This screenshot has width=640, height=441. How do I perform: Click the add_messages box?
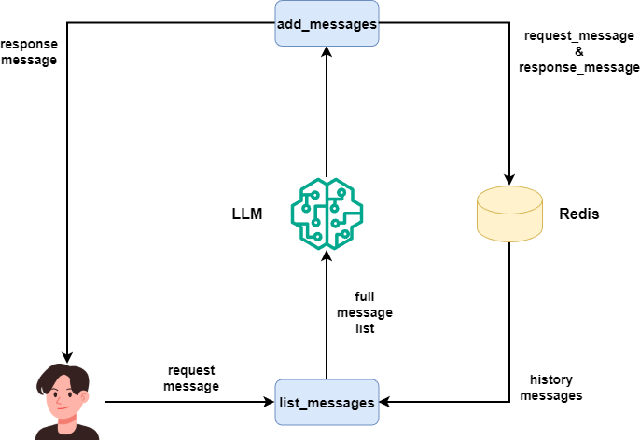click(x=327, y=23)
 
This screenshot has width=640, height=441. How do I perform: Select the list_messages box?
click(x=327, y=402)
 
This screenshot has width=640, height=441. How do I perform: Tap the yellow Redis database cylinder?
click(x=509, y=213)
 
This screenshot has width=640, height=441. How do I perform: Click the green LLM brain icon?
click(x=327, y=213)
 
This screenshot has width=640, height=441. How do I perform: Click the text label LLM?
click(x=247, y=214)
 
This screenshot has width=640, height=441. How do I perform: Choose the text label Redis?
click(x=578, y=214)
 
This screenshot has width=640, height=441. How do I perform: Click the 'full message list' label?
click(x=365, y=312)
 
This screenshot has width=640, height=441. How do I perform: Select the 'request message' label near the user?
click(x=191, y=379)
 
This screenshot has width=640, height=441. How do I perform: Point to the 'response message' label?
click(x=29, y=51)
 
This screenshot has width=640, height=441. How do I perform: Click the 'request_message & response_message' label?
click(x=578, y=51)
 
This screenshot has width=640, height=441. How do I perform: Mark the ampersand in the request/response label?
click(x=578, y=51)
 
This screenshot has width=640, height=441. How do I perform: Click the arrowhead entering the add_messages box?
click(x=327, y=54)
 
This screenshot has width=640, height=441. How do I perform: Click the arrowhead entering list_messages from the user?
click(x=269, y=402)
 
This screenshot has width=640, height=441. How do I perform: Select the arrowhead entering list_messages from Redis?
click(x=385, y=402)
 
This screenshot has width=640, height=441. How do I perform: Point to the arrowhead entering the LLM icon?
click(x=327, y=255)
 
